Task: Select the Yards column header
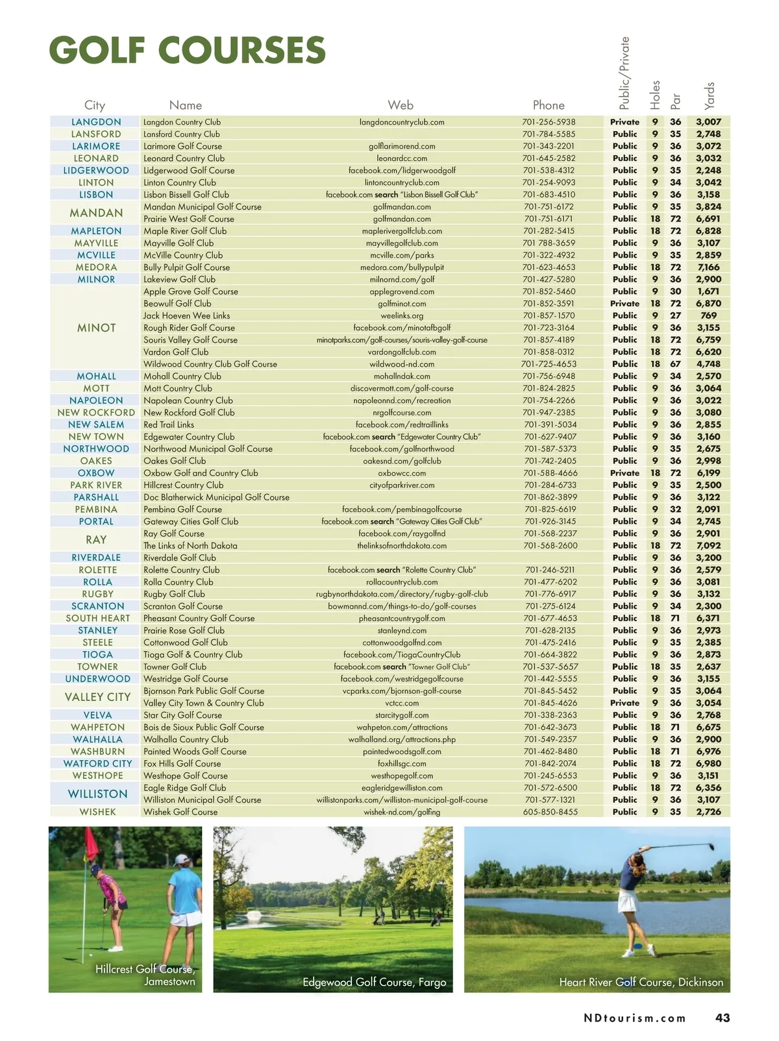point(709,95)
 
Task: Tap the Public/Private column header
point(624,73)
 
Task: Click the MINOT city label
point(96,328)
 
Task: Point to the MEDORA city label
point(96,267)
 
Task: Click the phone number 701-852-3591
point(549,303)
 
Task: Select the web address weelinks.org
point(402,315)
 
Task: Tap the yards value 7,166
point(708,267)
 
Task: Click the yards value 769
point(708,315)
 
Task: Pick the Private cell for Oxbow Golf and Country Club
point(624,473)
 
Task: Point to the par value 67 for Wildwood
point(675,364)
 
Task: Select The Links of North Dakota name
point(190,546)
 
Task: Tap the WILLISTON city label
point(97,794)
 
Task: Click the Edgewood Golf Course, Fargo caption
point(374,982)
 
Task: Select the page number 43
point(723,1018)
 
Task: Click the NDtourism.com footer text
point(635,1018)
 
